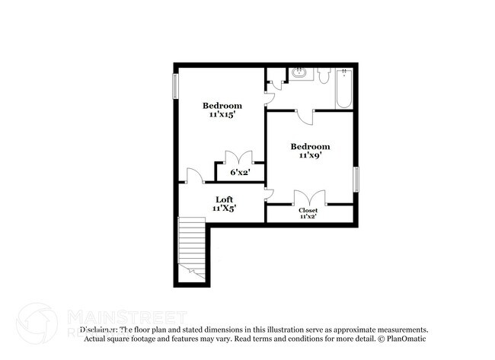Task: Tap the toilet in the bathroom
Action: click(323, 76)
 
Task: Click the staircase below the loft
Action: click(192, 247)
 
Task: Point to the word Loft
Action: click(223, 199)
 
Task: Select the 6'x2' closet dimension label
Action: click(241, 173)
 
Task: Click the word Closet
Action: click(308, 209)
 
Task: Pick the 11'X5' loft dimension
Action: click(223, 208)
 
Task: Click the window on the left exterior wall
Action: click(175, 85)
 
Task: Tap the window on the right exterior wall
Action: click(355, 180)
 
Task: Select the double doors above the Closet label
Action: click(309, 197)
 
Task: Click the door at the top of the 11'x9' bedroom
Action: click(305, 116)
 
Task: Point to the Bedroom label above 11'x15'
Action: click(222, 105)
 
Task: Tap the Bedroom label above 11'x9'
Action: click(310, 146)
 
